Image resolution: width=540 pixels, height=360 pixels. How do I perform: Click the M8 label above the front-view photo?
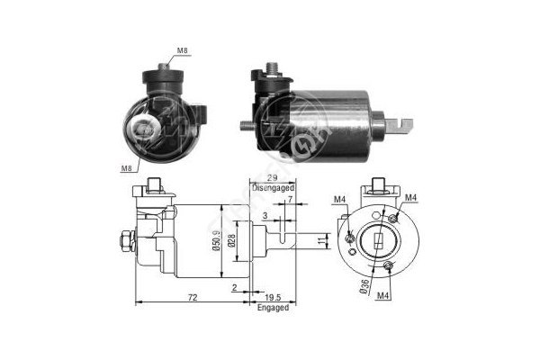(x=182, y=50)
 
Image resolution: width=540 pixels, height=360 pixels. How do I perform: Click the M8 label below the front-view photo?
(x=126, y=168)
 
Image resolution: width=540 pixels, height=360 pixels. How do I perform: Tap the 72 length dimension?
(x=193, y=297)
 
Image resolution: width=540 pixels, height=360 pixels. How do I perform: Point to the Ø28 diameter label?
(x=231, y=240)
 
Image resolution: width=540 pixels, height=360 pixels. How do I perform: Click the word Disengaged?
(x=273, y=188)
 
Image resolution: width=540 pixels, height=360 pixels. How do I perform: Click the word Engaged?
(x=273, y=307)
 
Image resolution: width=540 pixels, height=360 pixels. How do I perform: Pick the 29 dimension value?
(x=273, y=178)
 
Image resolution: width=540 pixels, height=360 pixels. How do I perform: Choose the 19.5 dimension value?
(x=273, y=297)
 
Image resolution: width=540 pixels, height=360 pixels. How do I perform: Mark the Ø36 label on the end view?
(x=364, y=286)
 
